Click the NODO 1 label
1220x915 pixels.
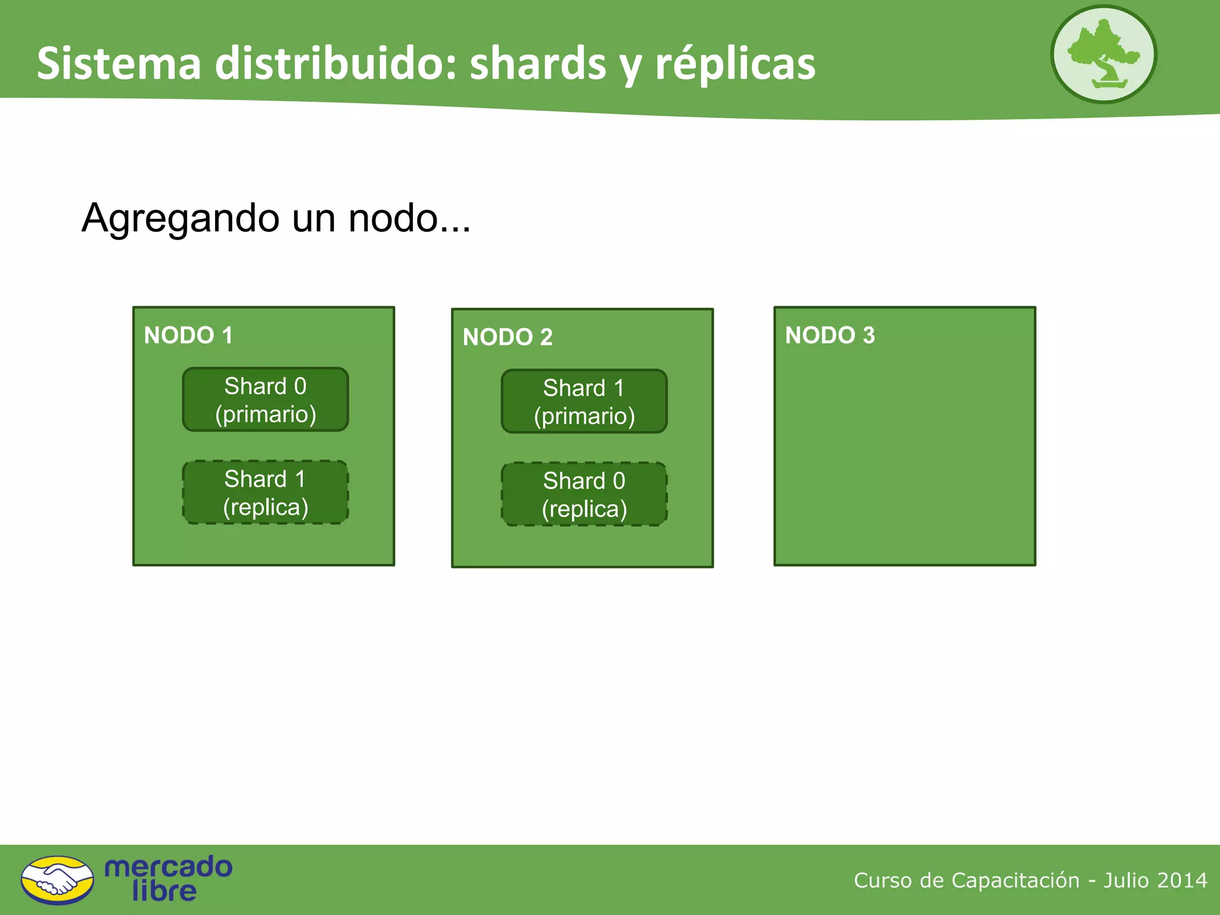(x=188, y=335)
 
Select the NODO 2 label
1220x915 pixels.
(x=508, y=337)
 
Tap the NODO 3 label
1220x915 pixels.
(x=830, y=335)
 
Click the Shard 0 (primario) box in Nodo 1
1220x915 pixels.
(x=266, y=400)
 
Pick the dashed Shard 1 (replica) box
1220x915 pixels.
(x=266, y=493)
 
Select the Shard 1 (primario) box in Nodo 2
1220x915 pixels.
(x=584, y=402)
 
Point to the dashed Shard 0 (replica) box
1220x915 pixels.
(x=584, y=494)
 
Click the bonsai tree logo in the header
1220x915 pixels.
(x=1103, y=55)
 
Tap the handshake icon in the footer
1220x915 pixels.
(x=57, y=880)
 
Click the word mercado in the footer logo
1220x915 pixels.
(x=168, y=867)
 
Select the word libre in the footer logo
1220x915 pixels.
(x=164, y=891)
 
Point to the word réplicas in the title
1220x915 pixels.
(x=735, y=64)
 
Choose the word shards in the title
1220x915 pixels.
(x=538, y=64)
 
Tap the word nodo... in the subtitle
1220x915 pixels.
(x=409, y=218)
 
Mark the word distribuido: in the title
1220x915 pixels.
(x=335, y=64)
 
